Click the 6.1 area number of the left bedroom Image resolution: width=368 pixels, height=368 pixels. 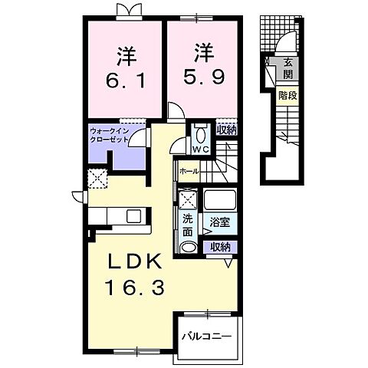(126, 80)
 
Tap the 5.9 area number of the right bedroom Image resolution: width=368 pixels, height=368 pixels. (204, 77)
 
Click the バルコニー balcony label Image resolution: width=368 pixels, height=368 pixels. (206, 336)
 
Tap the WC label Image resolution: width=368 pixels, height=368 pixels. (201, 149)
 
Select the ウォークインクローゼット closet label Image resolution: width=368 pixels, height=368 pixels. (110, 136)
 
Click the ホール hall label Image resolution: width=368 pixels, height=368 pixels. (189, 171)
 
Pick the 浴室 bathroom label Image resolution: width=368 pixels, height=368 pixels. (219, 223)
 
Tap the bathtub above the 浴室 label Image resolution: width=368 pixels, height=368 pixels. (220, 200)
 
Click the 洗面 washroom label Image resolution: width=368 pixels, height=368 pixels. (188, 225)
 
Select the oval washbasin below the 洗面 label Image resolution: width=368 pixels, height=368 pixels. (189, 248)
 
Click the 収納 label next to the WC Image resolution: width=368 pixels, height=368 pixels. (226, 130)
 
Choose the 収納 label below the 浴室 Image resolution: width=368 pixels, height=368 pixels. (220, 247)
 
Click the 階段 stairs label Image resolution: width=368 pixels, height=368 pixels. (287, 96)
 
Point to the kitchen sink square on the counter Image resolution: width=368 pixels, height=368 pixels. (134, 216)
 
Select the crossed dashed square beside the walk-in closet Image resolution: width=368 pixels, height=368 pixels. (97, 179)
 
